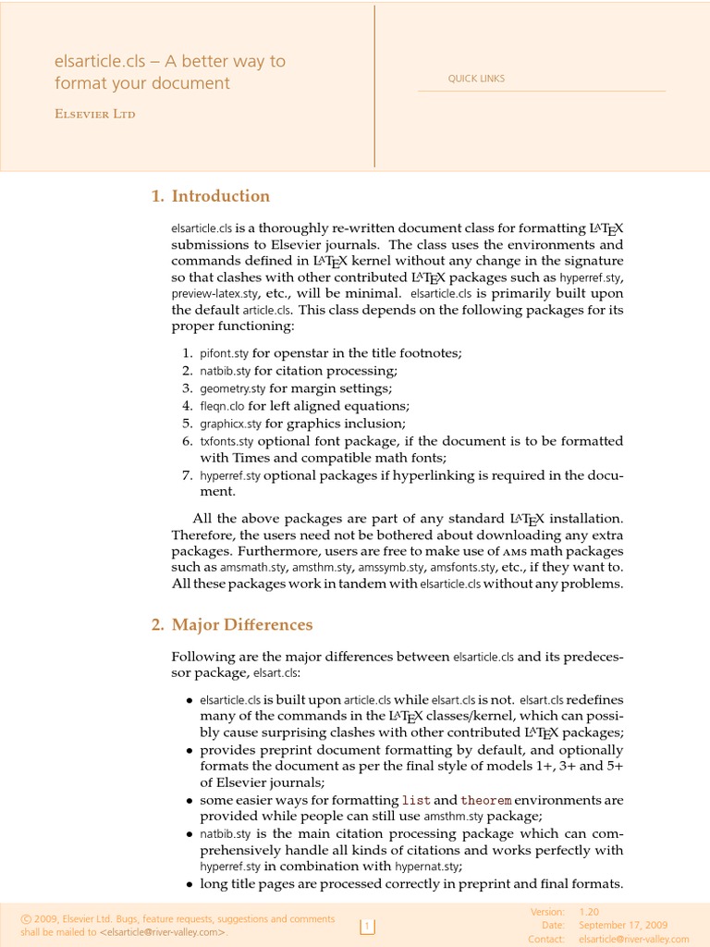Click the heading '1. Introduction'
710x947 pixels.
coord(210,196)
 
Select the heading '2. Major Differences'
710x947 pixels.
coord(232,625)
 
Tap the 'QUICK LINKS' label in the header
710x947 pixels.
coord(476,79)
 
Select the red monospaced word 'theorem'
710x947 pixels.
coord(485,800)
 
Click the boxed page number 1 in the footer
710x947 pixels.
coord(367,926)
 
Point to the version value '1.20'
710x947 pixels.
coord(589,912)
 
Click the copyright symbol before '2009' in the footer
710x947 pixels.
coord(25,919)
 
